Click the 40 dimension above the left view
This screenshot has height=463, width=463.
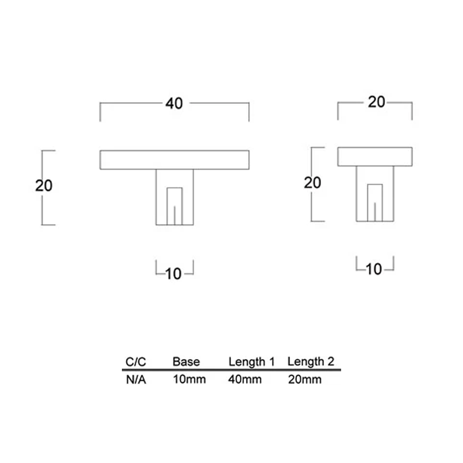174,103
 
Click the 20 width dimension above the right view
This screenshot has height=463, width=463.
376,102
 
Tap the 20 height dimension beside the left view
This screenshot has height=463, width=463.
44,186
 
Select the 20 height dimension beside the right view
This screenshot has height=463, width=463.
313,183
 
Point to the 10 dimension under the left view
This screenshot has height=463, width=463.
174,274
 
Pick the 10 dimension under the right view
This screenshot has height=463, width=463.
374,269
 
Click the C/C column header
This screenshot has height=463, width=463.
136,362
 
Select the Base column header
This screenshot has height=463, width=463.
186,362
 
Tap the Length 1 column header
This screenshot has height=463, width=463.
251,362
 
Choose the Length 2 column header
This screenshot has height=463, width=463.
311,362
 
